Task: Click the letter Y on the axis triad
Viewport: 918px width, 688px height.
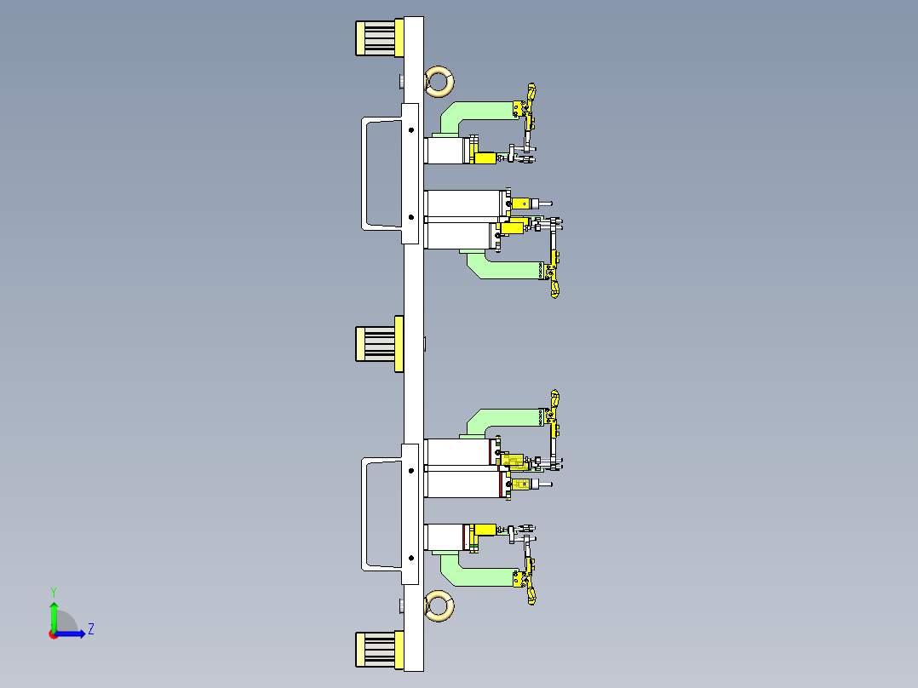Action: pyautogui.click(x=54, y=592)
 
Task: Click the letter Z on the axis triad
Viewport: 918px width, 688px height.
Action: pyautogui.click(x=91, y=629)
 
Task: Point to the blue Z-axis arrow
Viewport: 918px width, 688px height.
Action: pyautogui.click(x=70, y=634)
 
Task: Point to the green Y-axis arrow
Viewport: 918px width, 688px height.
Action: pyautogui.click(x=54, y=616)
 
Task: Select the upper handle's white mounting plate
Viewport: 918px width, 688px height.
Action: pyautogui.click(x=410, y=174)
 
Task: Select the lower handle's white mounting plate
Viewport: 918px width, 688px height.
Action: pyautogui.click(x=410, y=514)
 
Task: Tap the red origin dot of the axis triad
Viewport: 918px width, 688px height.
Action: pyautogui.click(x=54, y=634)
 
